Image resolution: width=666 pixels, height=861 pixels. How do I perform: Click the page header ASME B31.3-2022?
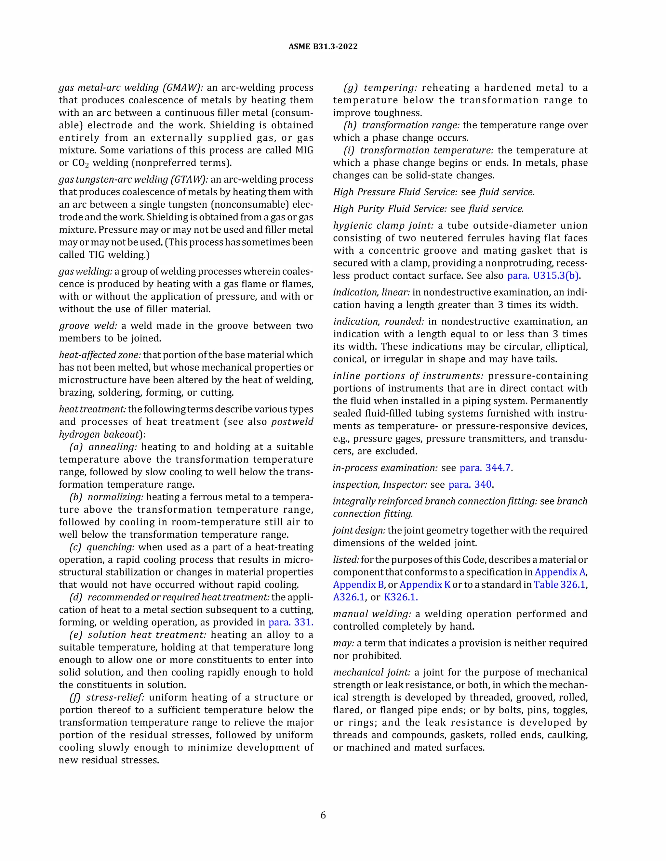[323, 46]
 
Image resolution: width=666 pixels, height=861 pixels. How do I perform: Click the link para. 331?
[291, 622]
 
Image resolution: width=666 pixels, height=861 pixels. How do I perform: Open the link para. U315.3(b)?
[543, 276]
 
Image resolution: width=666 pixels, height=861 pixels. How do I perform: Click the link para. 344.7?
[485, 468]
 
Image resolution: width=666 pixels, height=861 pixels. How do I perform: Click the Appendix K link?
[425, 585]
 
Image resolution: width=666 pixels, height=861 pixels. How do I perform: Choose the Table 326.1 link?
[559, 585]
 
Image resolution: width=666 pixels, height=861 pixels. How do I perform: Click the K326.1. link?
[400, 597]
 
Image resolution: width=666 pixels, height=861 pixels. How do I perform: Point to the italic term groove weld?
[88, 326]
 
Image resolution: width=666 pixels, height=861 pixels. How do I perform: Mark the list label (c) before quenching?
[75, 547]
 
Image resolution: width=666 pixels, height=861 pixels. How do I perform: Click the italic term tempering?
[390, 87]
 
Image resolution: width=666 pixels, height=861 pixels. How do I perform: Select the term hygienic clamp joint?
[383, 225]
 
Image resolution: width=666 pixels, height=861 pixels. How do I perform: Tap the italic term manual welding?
[372, 614]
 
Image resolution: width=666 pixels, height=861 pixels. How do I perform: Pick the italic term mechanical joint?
[372, 672]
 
